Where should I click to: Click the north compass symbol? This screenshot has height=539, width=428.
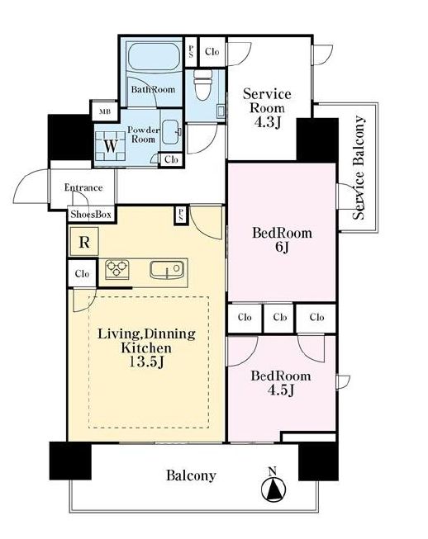pyautogui.click(x=273, y=485)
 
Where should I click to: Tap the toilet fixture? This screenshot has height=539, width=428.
pyautogui.click(x=203, y=85)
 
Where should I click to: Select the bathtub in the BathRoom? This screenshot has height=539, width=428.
pyautogui.click(x=154, y=56)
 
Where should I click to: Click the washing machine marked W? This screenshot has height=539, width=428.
pyautogui.click(x=110, y=146)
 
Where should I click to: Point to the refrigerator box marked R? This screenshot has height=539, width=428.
pyautogui.click(x=84, y=242)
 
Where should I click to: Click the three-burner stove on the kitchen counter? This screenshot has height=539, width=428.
pyautogui.click(x=117, y=269)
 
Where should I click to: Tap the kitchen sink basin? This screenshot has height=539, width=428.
pyautogui.click(x=167, y=269)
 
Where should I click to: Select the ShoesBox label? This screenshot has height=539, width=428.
pyautogui.click(x=91, y=215)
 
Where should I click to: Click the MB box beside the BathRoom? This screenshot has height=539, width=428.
pyautogui.click(x=105, y=111)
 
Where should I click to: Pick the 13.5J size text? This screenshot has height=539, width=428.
pyautogui.click(x=146, y=362)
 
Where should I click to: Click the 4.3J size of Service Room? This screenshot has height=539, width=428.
pyautogui.click(x=268, y=122)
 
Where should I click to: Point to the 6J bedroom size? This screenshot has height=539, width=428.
pyautogui.click(x=282, y=247)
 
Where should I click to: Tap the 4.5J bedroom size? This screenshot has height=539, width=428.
pyautogui.click(x=281, y=390)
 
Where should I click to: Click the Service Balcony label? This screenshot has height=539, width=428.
pyautogui.click(x=359, y=168)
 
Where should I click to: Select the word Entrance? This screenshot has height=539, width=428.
pyautogui.click(x=83, y=187)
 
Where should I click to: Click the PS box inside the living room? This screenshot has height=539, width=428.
pyautogui.click(x=181, y=215)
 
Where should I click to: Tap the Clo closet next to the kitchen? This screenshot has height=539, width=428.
pyautogui.click(x=82, y=273)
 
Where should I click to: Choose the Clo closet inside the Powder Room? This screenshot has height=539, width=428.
pyautogui.click(x=171, y=159)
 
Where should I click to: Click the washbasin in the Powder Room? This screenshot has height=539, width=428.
pyautogui.click(x=171, y=132)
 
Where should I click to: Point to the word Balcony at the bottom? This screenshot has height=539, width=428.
pyautogui.click(x=191, y=475)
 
